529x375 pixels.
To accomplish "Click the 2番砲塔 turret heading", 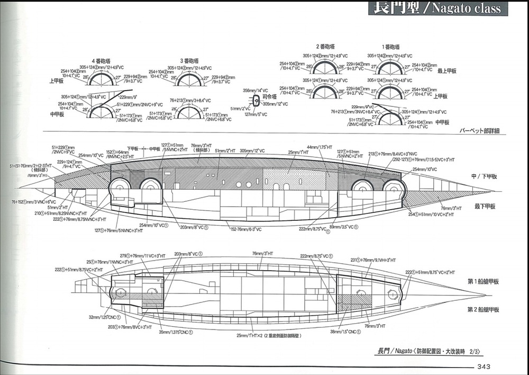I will click(x=326, y=47).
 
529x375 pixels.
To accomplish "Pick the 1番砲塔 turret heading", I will click(x=390, y=47).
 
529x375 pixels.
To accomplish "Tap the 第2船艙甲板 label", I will click(x=483, y=309).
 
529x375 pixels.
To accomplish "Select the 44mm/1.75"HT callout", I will click(x=320, y=147).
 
